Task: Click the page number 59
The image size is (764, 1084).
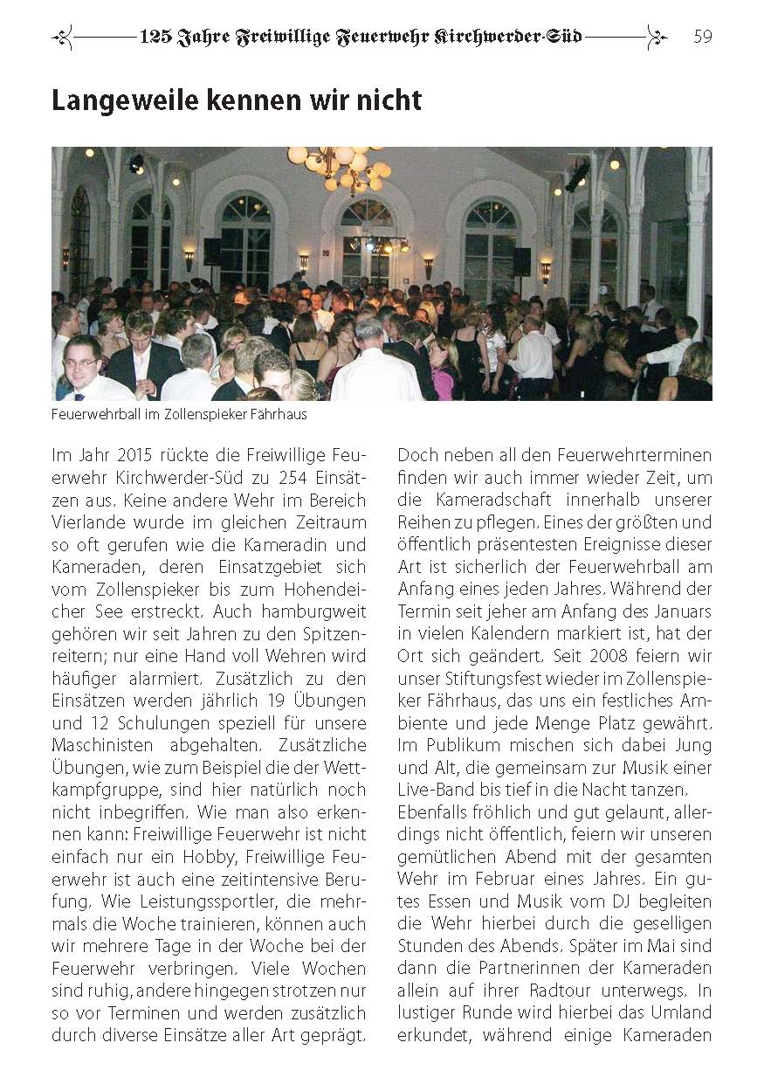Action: (x=703, y=36)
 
